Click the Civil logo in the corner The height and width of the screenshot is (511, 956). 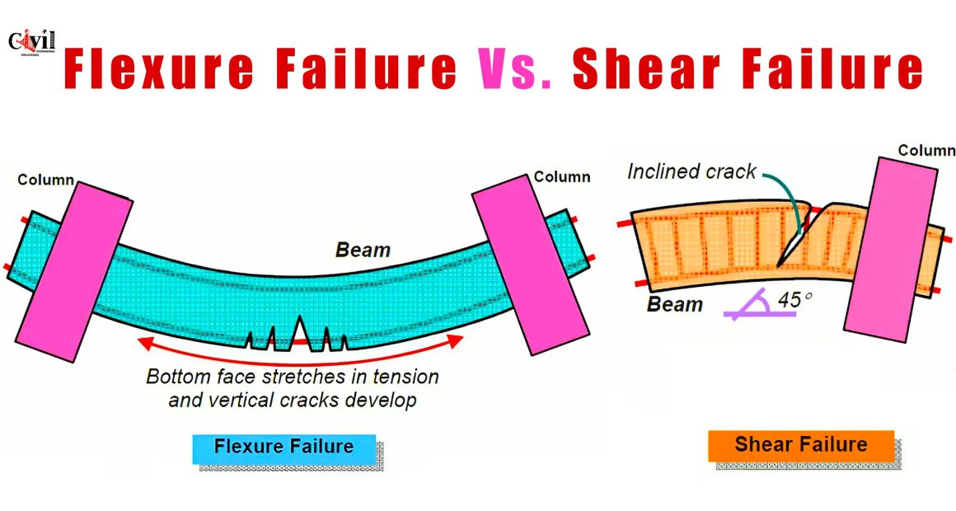[x=31, y=43]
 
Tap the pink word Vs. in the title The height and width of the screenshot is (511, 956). [x=516, y=68]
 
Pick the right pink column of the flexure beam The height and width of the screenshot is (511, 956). [x=531, y=264]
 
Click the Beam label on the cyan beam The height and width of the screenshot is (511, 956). [x=363, y=250]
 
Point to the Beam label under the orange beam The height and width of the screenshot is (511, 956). [x=674, y=303]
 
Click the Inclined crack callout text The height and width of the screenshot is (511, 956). [x=692, y=171]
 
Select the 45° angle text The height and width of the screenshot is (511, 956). [x=795, y=299]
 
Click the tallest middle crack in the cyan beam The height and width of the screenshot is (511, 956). [x=300, y=334]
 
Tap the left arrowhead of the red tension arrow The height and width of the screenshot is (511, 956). [x=145, y=342]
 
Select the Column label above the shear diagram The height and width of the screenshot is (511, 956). [x=926, y=150]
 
